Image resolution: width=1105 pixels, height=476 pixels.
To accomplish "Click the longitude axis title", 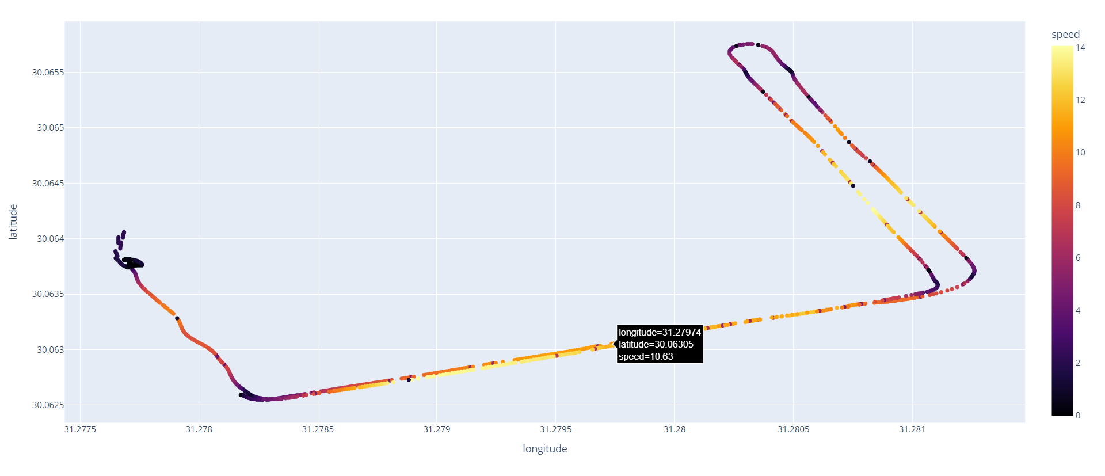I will [x=544, y=449].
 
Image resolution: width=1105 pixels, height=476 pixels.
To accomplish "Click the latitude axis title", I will [x=13, y=222].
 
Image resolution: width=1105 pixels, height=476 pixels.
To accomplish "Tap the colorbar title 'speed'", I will [x=1065, y=35].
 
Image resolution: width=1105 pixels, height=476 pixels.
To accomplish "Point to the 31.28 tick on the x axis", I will [x=675, y=429].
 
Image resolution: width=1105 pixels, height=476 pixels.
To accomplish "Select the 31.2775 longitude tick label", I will [x=80, y=429].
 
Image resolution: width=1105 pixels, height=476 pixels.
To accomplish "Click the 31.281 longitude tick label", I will [x=912, y=429].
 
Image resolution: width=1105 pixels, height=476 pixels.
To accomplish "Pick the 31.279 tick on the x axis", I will [x=436, y=429].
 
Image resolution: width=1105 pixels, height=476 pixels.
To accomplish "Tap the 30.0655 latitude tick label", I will [x=48, y=73].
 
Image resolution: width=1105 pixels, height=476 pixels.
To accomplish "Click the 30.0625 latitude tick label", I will [x=48, y=405].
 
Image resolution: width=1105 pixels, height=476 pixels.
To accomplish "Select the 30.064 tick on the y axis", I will [x=50, y=239].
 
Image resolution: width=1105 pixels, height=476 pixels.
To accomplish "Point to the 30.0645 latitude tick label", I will [x=48, y=184].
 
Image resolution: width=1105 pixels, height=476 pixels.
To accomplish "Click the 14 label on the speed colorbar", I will [x=1080, y=48].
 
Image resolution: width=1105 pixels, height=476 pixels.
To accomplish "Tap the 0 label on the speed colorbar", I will [x=1078, y=416].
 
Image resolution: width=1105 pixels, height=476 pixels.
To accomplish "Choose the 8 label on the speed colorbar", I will [x=1078, y=205].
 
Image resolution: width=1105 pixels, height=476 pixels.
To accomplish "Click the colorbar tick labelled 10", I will [x=1080, y=153].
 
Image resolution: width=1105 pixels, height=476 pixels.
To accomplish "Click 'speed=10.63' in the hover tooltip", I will [x=646, y=357].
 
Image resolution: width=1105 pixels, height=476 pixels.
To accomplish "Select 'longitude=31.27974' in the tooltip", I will [x=660, y=333].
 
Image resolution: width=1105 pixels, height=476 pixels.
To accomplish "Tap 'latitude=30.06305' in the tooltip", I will [x=656, y=345].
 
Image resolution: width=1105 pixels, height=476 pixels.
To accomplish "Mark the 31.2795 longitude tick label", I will [x=555, y=429].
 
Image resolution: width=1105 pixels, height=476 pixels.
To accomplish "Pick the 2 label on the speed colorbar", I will [x=1078, y=363].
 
